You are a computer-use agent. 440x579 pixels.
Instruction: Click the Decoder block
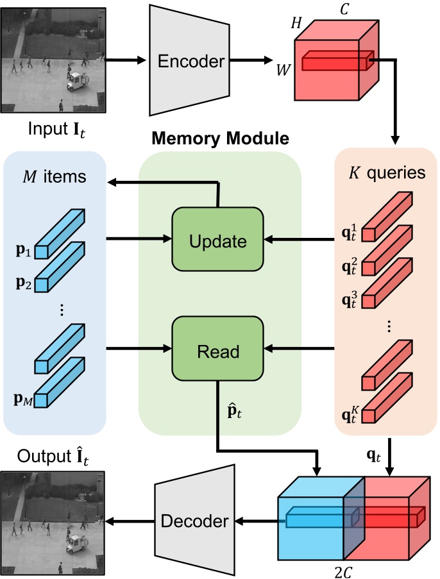(x=193, y=521)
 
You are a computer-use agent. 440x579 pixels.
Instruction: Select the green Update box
(x=218, y=241)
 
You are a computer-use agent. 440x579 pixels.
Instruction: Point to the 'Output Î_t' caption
(x=53, y=457)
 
